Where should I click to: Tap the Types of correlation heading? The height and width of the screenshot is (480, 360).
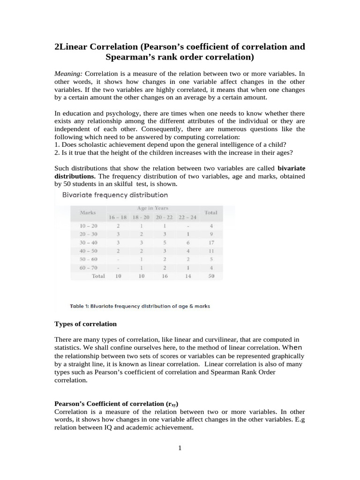click(x=86, y=324)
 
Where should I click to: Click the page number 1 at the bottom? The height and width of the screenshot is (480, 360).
click(x=180, y=448)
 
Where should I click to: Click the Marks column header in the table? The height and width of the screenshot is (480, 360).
click(x=88, y=212)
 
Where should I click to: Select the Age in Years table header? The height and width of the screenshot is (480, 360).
click(x=153, y=208)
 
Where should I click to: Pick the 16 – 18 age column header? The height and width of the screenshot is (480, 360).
click(x=118, y=217)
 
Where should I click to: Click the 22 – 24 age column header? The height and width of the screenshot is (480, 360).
click(x=188, y=217)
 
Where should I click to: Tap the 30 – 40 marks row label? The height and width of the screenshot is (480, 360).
click(x=89, y=243)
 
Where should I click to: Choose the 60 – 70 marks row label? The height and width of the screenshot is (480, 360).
click(x=89, y=268)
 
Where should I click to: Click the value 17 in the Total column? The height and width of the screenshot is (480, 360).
click(x=211, y=243)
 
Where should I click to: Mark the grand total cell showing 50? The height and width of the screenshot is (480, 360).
click(x=211, y=277)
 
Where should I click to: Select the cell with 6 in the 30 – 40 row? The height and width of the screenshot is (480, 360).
click(x=188, y=243)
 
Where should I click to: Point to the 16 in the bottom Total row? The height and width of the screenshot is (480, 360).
click(x=165, y=277)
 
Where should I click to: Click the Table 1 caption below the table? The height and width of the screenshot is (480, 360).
click(x=140, y=306)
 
